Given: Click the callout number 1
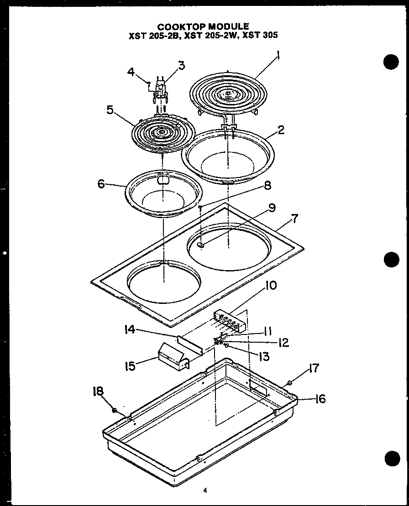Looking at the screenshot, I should click(x=278, y=57).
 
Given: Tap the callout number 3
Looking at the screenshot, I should click(x=181, y=65).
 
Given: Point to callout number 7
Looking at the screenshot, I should click(x=295, y=218).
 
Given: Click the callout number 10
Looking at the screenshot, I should click(x=271, y=286).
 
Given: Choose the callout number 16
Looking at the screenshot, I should click(x=320, y=399).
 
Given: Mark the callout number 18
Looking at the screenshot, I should click(x=98, y=392).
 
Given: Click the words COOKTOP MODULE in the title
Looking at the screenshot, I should click(x=203, y=26).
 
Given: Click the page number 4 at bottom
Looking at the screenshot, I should click(x=205, y=491).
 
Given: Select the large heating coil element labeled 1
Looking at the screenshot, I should click(x=227, y=94).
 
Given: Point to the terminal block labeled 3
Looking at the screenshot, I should click(x=160, y=88).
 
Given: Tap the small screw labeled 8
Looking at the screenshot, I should click(x=200, y=207).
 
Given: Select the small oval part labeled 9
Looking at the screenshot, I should click(x=202, y=245).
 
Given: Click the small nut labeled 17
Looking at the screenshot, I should click(x=290, y=382).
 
